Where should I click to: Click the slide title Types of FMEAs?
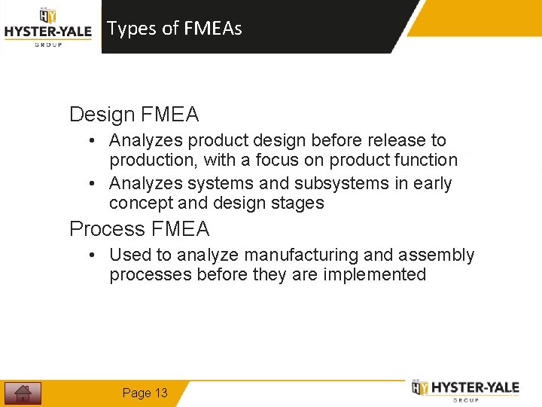coord(174,29)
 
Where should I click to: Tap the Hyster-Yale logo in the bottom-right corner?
coord(465,390)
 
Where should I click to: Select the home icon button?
coord(23,393)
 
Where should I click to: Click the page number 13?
coord(145,393)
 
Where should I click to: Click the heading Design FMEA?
coord(134,115)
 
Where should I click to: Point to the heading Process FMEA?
coord(139,228)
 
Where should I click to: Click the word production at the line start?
coord(153,160)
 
